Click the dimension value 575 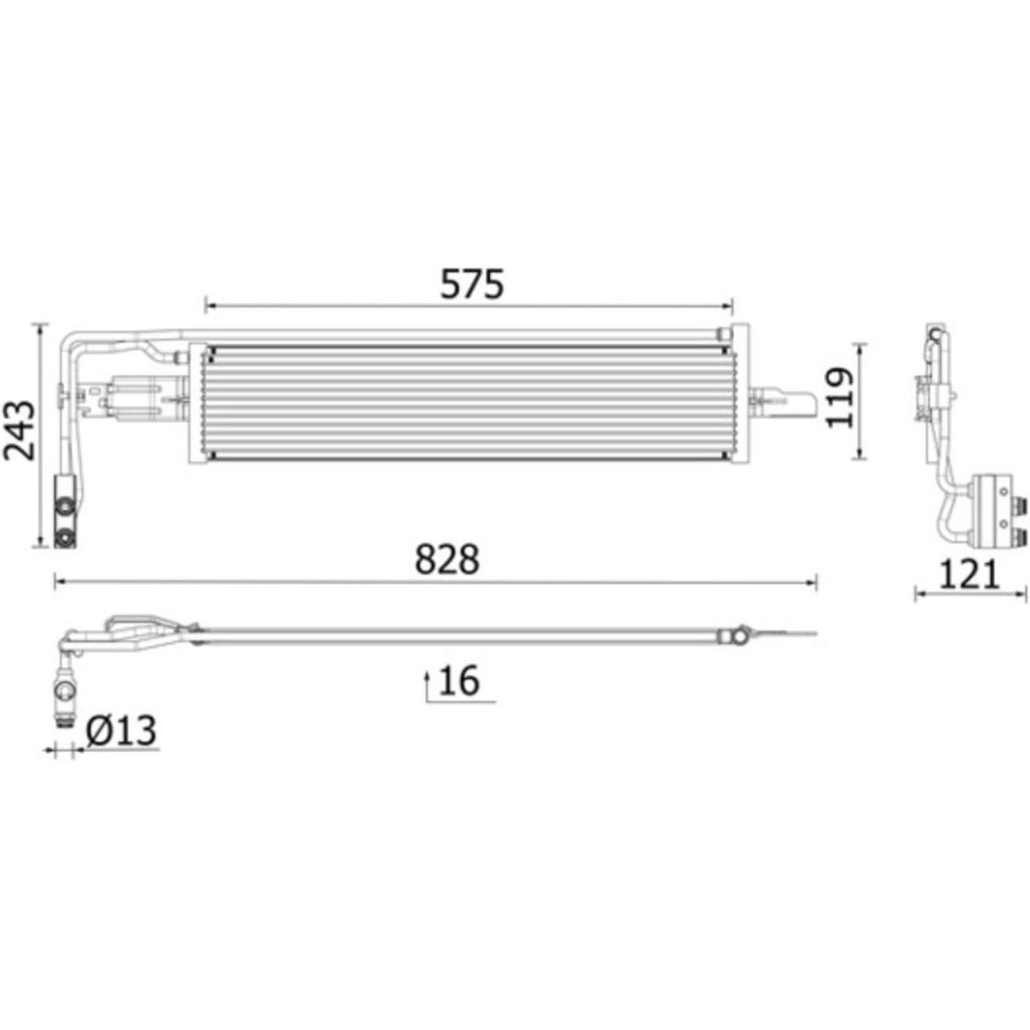click(x=472, y=284)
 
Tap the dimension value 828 click(x=447, y=560)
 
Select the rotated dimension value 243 click(x=19, y=429)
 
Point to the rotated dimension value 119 click(x=839, y=398)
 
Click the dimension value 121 click(x=969, y=575)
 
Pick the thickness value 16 click(x=459, y=681)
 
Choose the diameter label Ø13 click(x=120, y=730)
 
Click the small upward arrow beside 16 click(x=427, y=686)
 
